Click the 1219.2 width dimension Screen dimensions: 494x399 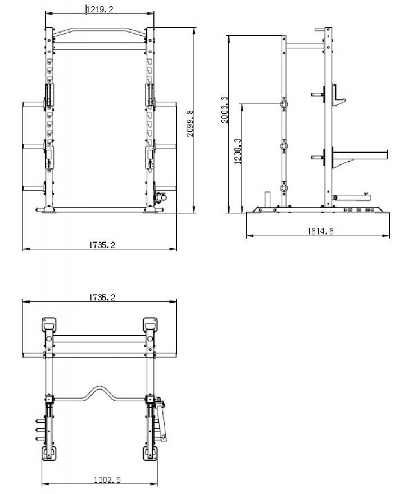pyautogui.click(x=99, y=8)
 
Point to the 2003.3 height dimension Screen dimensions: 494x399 pyautogui.click(x=225, y=115)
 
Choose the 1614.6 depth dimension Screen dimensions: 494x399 pyautogui.click(x=320, y=231)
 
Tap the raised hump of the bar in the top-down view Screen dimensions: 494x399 pyautogui.click(x=100, y=391)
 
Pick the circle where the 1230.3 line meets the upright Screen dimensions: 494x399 pyautogui.click(x=284, y=104)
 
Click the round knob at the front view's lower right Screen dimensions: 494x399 pyautogui.click(x=159, y=197)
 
